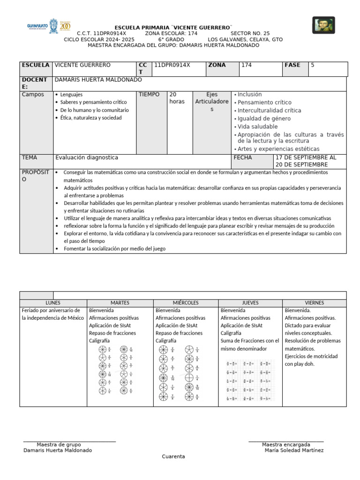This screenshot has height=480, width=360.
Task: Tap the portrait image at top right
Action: [x=323, y=25]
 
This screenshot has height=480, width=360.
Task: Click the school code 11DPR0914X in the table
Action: [x=172, y=65]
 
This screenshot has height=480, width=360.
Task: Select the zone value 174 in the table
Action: [x=246, y=65]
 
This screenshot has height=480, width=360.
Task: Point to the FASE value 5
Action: [x=313, y=65]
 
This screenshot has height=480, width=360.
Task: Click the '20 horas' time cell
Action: [x=177, y=98]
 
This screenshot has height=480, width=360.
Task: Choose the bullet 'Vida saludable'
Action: [x=257, y=127]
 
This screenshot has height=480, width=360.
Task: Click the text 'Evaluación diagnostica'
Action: [x=87, y=157]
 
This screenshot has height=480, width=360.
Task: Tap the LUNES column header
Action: [x=53, y=303]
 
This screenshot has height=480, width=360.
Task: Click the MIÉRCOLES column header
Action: [x=186, y=303]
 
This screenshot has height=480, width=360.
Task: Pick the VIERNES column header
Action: [x=314, y=303]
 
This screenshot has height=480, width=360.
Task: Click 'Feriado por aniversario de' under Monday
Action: [x=51, y=310]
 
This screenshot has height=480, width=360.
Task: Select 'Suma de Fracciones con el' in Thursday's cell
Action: [x=249, y=341]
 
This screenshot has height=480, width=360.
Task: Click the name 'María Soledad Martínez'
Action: [x=294, y=450]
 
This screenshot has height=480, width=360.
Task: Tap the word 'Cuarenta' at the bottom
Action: [x=173, y=457]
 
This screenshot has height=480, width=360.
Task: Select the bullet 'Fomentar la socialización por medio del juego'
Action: [x=115, y=249]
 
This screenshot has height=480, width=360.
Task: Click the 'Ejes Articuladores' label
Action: [x=212, y=102]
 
